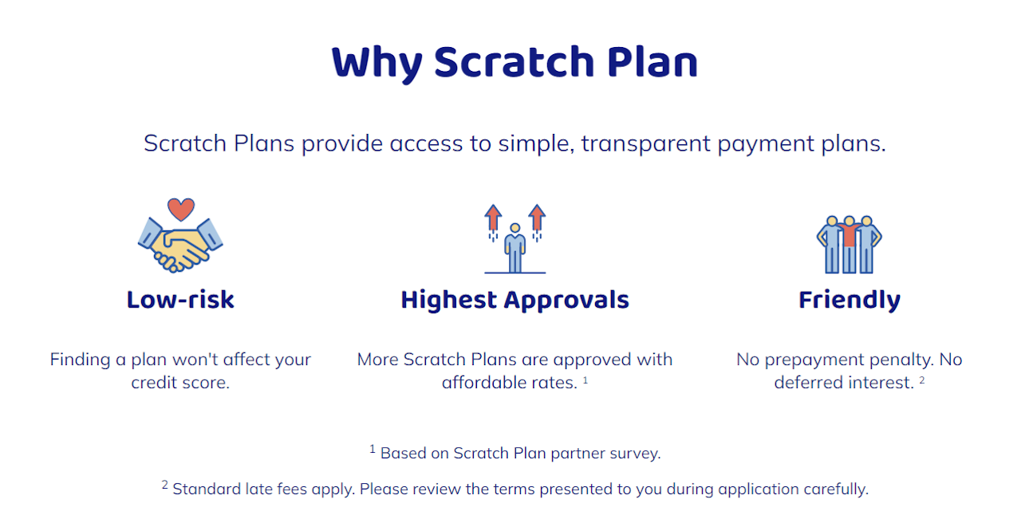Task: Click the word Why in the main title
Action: pos(377,63)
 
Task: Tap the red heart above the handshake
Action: pos(181,210)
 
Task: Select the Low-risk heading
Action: pos(180,300)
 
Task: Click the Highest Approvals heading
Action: pos(515,301)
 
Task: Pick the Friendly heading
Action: pos(850,301)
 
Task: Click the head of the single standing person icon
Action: pos(515,228)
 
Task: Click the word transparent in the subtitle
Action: pos(646,144)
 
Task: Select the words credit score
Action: pos(180,383)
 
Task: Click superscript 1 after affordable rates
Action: pos(585,379)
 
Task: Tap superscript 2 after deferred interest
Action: pos(921,379)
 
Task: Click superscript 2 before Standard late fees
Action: pos(164,485)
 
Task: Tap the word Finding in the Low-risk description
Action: pos(81,360)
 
